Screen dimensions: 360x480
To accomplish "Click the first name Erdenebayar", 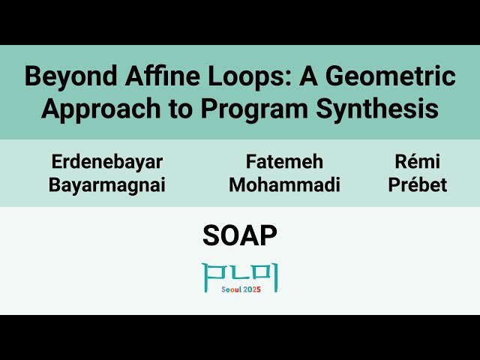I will click(106, 161).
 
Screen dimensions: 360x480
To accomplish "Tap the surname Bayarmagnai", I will click(106, 185).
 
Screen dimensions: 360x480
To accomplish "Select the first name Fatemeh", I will click(284, 161).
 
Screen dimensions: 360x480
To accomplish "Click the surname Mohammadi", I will click(284, 185).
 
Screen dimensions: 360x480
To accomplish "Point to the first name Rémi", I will click(417, 161).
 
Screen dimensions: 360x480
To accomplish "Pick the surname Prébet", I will click(417, 185).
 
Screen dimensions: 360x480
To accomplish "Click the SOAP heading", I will click(240, 236).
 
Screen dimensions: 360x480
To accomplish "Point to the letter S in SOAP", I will click(211, 236).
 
